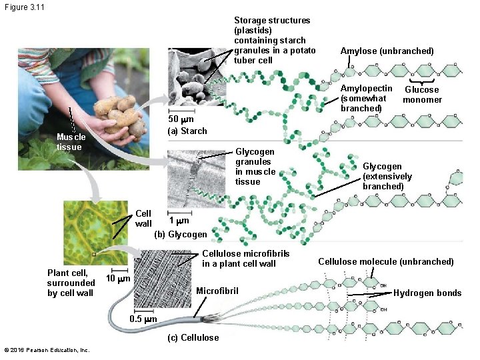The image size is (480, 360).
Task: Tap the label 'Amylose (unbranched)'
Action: pyautogui.click(x=387, y=51)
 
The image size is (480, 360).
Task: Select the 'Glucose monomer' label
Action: pyautogui.click(x=422, y=95)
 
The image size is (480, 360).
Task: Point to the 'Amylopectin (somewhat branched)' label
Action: pyautogui.click(x=366, y=98)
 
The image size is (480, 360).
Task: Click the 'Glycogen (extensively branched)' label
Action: pyautogui.click(x=387, y=176)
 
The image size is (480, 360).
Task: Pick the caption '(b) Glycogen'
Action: pyautogui.click(x=181, y=234)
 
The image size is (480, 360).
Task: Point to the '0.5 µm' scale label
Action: pyautogui.click(x=143, y=319)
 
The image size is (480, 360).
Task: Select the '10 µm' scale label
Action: pyautogui.click(x=118, y=277)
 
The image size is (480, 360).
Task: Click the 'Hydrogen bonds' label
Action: pyautogui.click(x=427, y=293)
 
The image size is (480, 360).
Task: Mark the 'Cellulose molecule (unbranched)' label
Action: pyautogui.click(x=385, y=261)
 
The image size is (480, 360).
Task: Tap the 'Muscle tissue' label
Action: pyautogui.click(x=69, y=142)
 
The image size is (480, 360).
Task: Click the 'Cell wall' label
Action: pyautogui.click(x=143, y=218)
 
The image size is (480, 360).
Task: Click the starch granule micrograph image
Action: pyautogui.click(x=197, y=77)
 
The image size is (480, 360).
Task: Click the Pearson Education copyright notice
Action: pyautogui.click(x=46, y=350)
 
